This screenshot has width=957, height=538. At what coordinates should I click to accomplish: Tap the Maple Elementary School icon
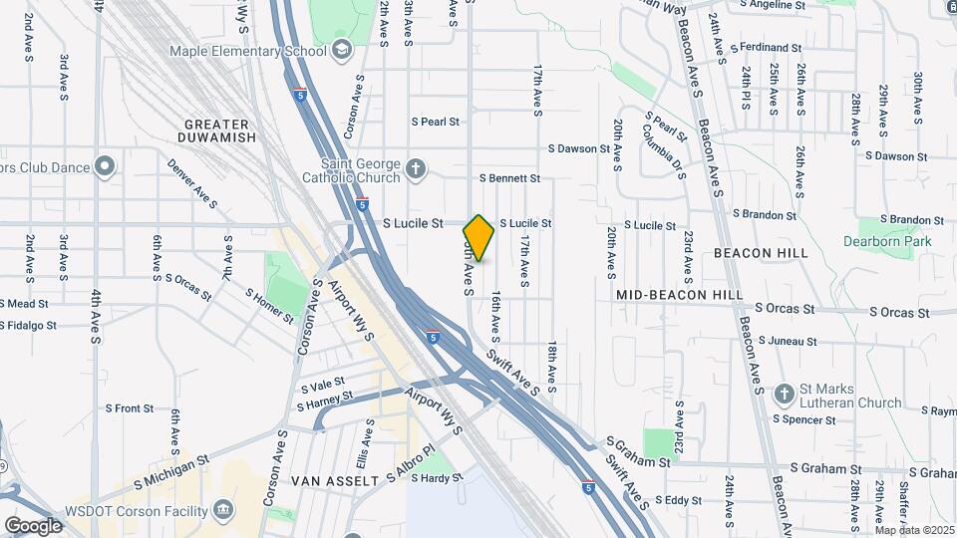click(342, 50)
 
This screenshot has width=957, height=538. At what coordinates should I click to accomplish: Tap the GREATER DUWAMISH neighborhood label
click(218, 130)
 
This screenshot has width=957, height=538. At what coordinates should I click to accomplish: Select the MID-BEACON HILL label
click(679, 295)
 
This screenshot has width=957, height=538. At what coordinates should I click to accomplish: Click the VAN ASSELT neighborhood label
click(334, 480)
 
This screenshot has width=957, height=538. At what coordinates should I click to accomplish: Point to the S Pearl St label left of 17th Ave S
click(436, 122)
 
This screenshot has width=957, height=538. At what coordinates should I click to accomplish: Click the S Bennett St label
click(509, 178)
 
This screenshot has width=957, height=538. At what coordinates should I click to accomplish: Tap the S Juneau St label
click(787, 341)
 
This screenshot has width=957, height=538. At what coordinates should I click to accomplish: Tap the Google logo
click(33, 525)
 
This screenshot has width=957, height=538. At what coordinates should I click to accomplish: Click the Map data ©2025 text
click(914, 530)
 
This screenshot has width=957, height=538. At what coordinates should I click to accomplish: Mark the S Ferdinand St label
click(766, 47)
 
